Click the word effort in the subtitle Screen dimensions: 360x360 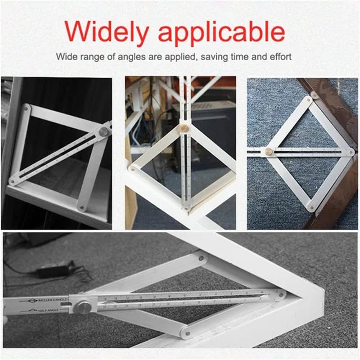point(280,57)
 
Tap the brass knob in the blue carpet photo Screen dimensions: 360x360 point(269,152)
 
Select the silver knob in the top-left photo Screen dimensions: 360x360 point(103,132)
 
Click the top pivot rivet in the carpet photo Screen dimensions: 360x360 point(308,99)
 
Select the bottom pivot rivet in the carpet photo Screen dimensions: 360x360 point(311,207)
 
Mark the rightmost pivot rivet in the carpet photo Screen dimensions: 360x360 point(350,152)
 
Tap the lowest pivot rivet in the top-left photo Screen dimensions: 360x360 point(82,207)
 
